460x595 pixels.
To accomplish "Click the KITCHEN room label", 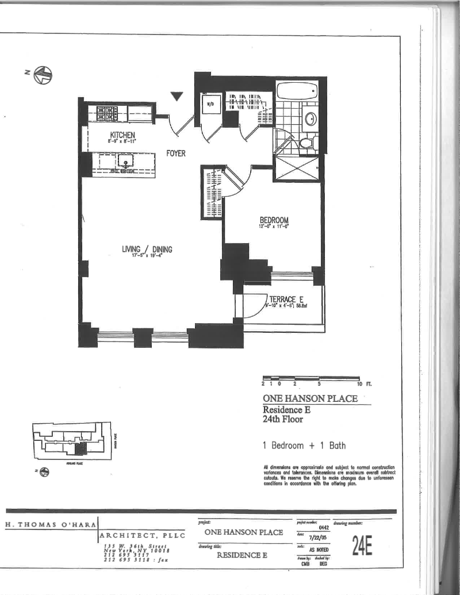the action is click(x=122, y=135).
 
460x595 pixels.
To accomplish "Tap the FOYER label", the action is click(x=176, y=154).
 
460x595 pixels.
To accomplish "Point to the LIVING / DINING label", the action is click(x=147, y=249).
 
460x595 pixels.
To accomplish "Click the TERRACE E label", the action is click(x=286, y=300).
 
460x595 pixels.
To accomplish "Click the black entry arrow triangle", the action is click(x=178, y=97).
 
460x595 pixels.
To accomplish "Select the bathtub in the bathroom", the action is click(x=297, y=91).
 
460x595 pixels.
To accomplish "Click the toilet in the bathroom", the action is click(x=306, y=141).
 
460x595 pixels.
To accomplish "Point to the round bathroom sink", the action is click(x=310, y=118).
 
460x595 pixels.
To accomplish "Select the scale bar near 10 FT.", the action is click(x=311, y=378).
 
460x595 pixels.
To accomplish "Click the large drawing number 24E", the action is click(x=358, y=547).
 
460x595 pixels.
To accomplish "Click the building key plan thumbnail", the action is click(x=72, y=443).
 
